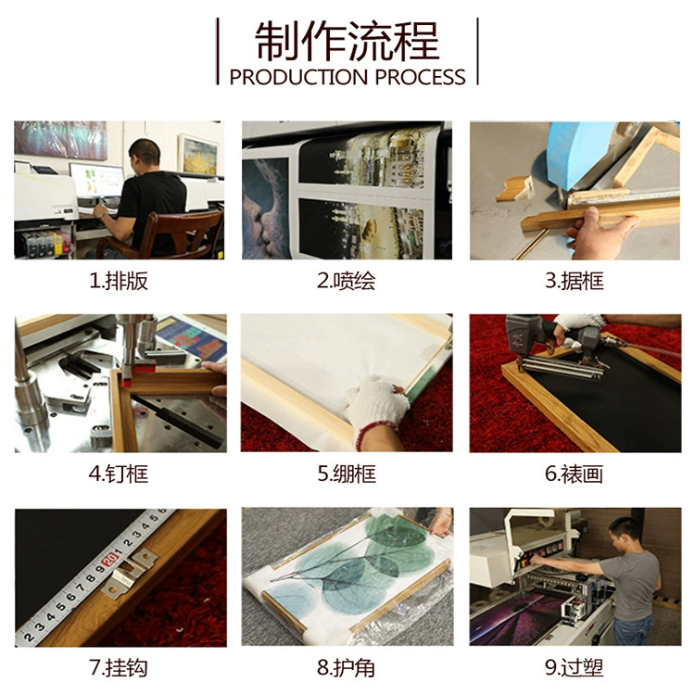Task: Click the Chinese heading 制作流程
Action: coord(347,41)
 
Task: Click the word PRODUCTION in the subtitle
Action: coord(298,77)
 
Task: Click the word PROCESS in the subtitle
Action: coord(420,77)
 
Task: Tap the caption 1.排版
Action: coord(119,281)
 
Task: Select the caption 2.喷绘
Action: coord(347,281)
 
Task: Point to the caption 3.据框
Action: coord(575,281)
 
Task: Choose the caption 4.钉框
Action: coord(119,474)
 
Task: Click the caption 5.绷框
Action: coord(347,474)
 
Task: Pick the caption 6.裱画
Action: coord(575,474)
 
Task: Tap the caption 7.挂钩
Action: coord(119,667)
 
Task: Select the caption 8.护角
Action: coord(347,667)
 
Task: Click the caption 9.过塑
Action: coord(575,667)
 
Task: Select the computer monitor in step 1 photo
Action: coord(96,181)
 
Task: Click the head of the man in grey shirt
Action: coord(625,533)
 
